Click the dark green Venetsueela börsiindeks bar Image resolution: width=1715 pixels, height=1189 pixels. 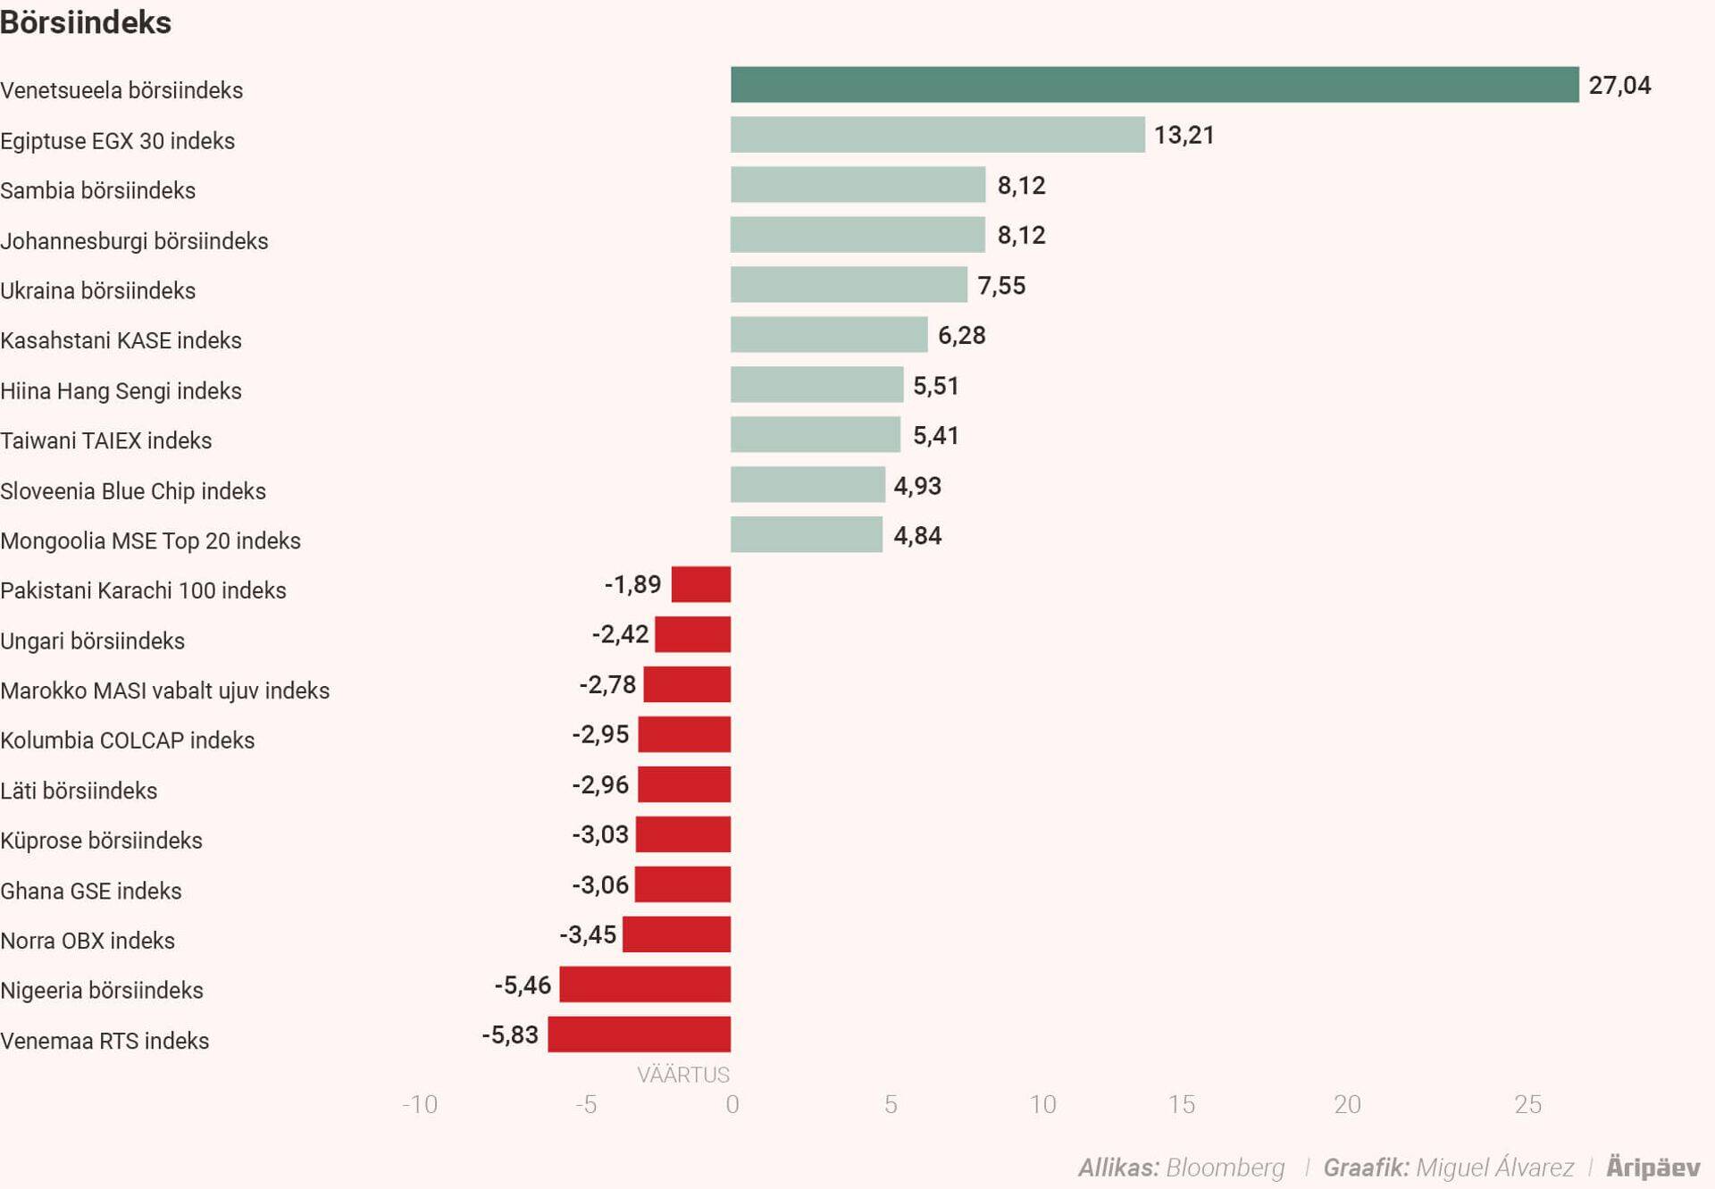click(1154, 85)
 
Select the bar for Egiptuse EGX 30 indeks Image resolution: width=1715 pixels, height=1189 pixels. click(937, 135)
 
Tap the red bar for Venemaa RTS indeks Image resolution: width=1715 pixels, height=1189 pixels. click(639, 1034)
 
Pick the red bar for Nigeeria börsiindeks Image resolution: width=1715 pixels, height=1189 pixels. click(645, 984)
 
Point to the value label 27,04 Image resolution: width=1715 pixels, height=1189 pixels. click(1619, 86)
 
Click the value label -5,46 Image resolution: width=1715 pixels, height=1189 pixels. click(523, 985)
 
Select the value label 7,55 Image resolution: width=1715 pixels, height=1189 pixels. click(1000, 286)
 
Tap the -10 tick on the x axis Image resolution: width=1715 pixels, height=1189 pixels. click(420, 1105)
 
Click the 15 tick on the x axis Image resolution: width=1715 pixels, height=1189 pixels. click(1181, 1105)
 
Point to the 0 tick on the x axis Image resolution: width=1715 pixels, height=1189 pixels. click(732, 1105)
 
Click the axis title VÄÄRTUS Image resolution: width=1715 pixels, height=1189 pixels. click(682, 1075)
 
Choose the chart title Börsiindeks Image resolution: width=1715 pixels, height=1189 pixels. click(86, 22)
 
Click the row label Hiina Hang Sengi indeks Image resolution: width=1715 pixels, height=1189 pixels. click(121, 391)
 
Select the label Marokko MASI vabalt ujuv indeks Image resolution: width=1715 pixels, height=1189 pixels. click(164, 691)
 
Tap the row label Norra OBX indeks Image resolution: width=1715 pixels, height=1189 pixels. click(88, 941)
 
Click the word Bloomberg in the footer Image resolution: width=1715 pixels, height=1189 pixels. click(1225, 1168)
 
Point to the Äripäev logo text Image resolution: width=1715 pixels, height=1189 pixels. click(1652, 1167)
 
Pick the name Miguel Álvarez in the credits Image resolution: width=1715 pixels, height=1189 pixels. click(1494, 1168)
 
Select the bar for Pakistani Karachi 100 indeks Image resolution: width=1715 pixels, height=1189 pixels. click(701, 584)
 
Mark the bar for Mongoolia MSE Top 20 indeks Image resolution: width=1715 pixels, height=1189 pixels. click(806, 535)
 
